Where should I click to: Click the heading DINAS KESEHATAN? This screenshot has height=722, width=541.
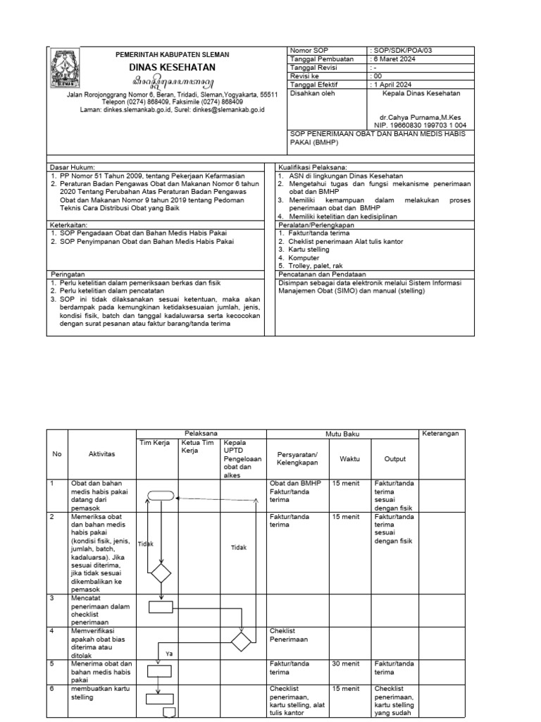(x=172, y=68)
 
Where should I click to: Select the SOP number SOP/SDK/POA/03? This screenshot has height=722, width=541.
(x=400, y=51)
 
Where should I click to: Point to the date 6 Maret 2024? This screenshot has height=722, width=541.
(x=393, y=59)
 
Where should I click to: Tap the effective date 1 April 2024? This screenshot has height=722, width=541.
(x=392, y=83)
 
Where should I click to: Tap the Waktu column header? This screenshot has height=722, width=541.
(x=349, y=458)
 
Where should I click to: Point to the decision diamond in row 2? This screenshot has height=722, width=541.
(x=161, y=573)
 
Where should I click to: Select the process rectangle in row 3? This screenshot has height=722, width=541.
(x=161, y=606)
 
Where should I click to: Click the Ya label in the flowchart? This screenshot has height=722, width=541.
(x=169, y=654)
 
